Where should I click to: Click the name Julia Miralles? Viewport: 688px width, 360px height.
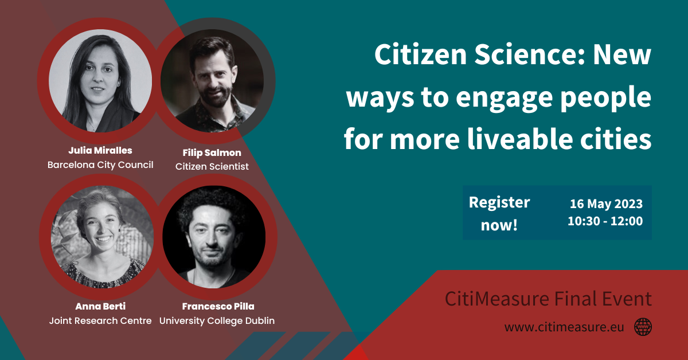coord(100,151)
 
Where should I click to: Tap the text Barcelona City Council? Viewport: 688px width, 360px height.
coord(100,165)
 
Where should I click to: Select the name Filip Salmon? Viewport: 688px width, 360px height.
coord(212,153)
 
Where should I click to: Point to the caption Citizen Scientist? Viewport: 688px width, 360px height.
coord(212,167)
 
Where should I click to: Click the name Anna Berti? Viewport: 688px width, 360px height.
coord(100,306)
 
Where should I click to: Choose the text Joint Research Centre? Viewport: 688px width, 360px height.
coord(100,320)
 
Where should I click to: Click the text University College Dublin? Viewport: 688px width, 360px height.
coord(217,320)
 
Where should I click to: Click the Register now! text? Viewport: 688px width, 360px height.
coord(499,213)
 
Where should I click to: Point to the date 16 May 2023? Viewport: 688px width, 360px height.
coord(606,204)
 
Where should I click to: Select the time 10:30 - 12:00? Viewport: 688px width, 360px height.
coord(605,221)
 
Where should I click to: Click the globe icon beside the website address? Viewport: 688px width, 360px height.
coord(643,327)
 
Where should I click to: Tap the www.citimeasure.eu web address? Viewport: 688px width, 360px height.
coord(564,327)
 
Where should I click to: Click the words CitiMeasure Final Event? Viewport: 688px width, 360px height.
coord(548,299)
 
